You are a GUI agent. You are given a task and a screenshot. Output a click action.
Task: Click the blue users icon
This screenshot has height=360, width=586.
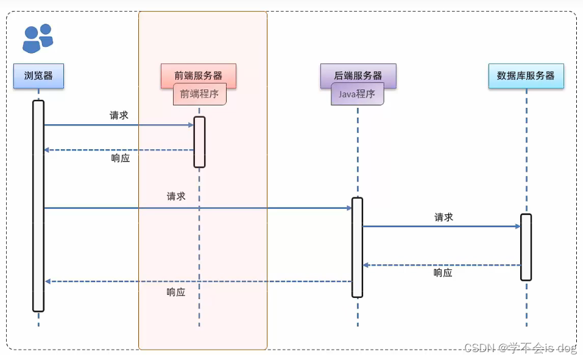37,38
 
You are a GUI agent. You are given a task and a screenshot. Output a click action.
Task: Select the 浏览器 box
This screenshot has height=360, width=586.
38,76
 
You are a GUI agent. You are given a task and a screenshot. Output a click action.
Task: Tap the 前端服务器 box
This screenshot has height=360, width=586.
198,76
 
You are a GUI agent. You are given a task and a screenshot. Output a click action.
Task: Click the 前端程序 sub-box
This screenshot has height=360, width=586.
200,94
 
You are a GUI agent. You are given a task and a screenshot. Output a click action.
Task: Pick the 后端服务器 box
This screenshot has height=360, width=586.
358,76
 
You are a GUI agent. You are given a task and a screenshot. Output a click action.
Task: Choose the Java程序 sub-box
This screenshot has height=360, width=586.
358,94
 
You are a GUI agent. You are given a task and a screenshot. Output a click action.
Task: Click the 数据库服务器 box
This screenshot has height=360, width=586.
526,76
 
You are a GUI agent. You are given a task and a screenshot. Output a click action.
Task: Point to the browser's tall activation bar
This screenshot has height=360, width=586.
38,206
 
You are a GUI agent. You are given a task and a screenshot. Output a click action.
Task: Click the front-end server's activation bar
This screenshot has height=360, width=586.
199,141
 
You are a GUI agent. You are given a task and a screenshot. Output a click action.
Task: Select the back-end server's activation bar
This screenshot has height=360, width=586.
358,247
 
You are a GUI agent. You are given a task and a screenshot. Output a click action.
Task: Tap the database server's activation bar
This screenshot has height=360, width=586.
526,247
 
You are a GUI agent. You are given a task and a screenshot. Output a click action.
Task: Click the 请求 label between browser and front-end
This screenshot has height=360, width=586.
119,115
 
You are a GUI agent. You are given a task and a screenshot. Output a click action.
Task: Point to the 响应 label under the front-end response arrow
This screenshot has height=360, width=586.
121,158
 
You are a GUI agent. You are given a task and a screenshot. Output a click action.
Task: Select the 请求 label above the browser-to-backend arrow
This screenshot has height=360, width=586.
176,196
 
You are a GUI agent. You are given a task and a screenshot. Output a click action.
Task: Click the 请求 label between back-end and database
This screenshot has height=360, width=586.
443,217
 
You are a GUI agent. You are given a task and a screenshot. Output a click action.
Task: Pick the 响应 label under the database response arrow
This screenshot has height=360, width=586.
443,273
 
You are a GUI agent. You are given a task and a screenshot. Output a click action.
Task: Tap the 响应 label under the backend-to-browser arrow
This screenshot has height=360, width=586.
176,292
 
